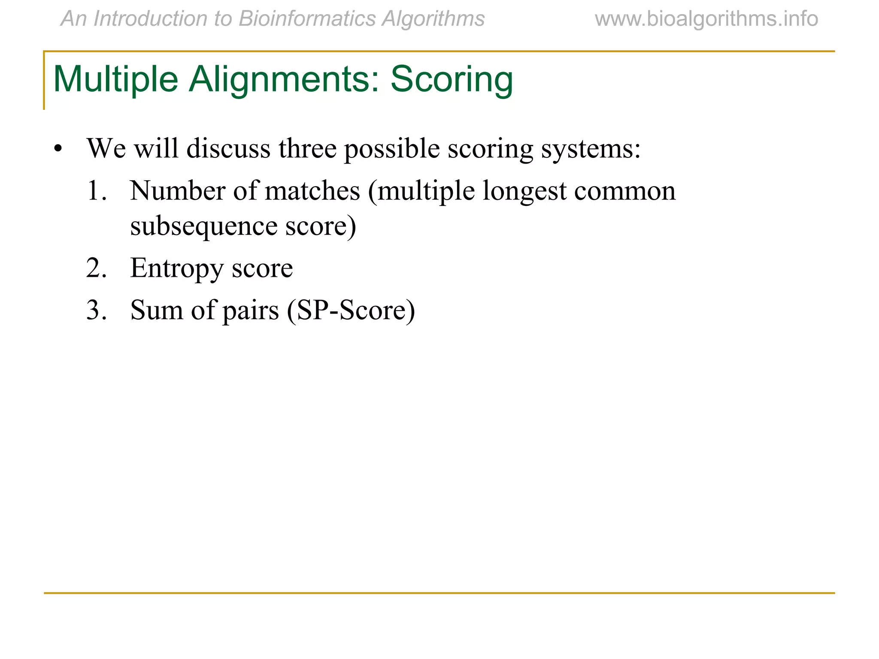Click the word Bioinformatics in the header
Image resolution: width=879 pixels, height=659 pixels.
click(307, 19)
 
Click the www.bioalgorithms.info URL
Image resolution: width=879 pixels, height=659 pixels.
click(706, 19)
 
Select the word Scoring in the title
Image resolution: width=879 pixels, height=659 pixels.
click(452, 80)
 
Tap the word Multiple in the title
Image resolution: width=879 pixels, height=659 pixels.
click(115, 80)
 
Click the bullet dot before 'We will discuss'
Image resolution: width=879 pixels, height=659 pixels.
click(58, 150)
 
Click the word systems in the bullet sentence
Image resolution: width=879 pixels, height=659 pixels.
click(591, 149)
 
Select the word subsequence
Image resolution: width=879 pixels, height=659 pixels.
click(204, 226)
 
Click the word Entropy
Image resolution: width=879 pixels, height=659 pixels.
click(177, 269)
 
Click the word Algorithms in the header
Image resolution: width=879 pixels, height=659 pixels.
click(433, 19)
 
